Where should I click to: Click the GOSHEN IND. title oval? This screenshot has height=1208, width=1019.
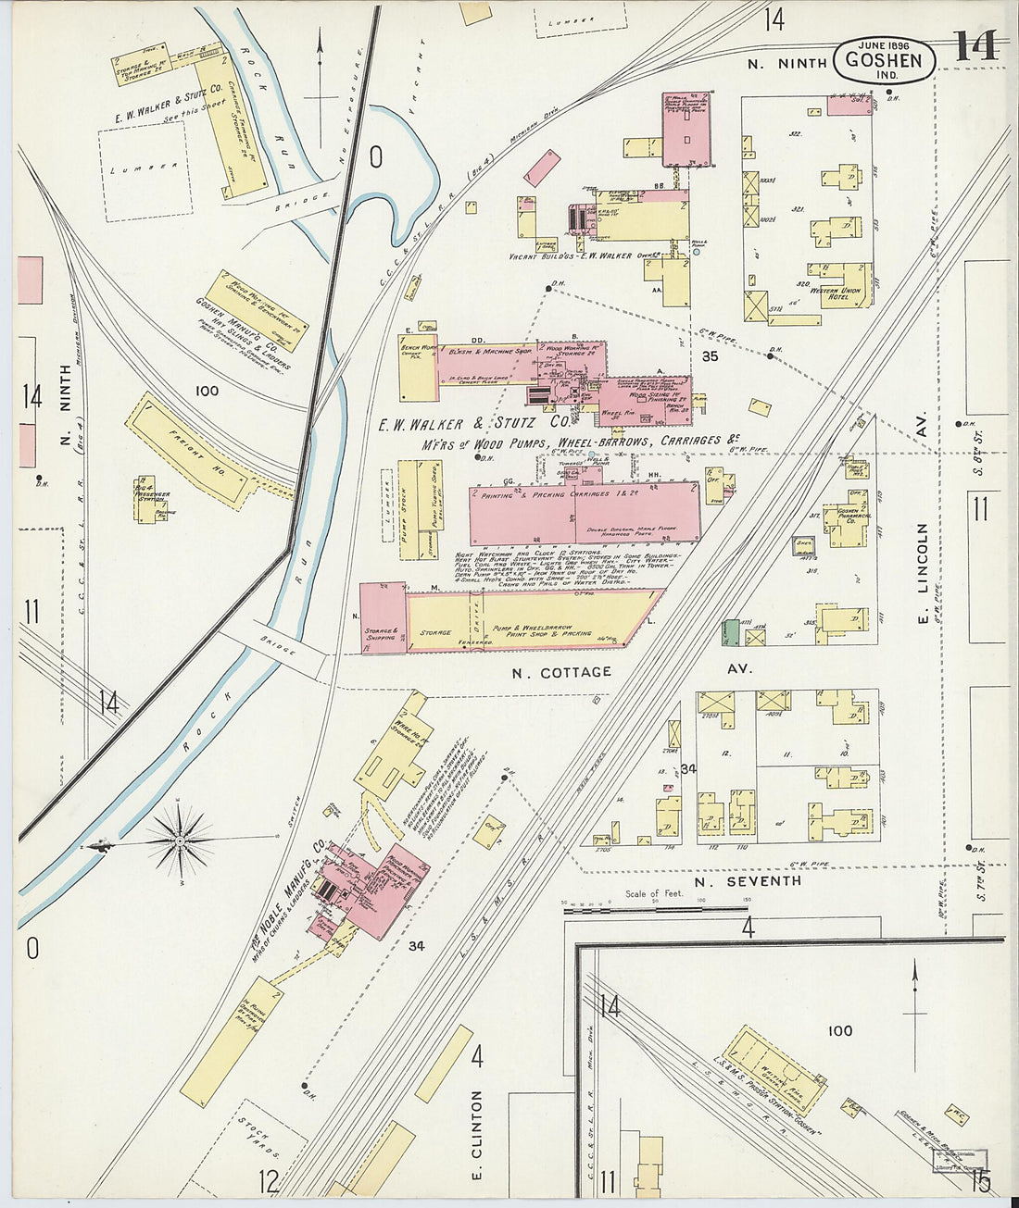point(885,61)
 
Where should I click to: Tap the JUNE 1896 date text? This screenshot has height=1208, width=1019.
point(884,44)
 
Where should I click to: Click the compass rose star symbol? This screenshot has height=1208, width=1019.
point(182,841)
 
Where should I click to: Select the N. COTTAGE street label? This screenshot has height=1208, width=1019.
point(562,671)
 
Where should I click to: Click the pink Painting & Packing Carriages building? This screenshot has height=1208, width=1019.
point(584,514)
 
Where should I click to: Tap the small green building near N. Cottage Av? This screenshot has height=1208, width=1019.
point(731,632)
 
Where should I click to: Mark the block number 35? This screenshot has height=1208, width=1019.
point(711,355)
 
